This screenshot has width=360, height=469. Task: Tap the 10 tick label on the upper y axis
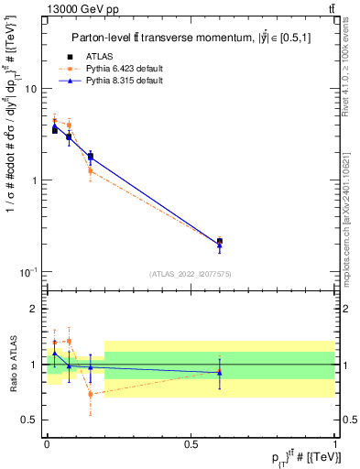tap(30, 89)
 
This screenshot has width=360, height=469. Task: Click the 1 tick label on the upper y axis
tap(33, 180)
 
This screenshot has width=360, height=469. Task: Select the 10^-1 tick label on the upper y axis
tap(28, 271)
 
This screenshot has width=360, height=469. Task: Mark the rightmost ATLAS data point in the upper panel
tap(219, 241)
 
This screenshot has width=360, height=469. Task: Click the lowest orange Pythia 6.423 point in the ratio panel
tap(90, 394)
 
